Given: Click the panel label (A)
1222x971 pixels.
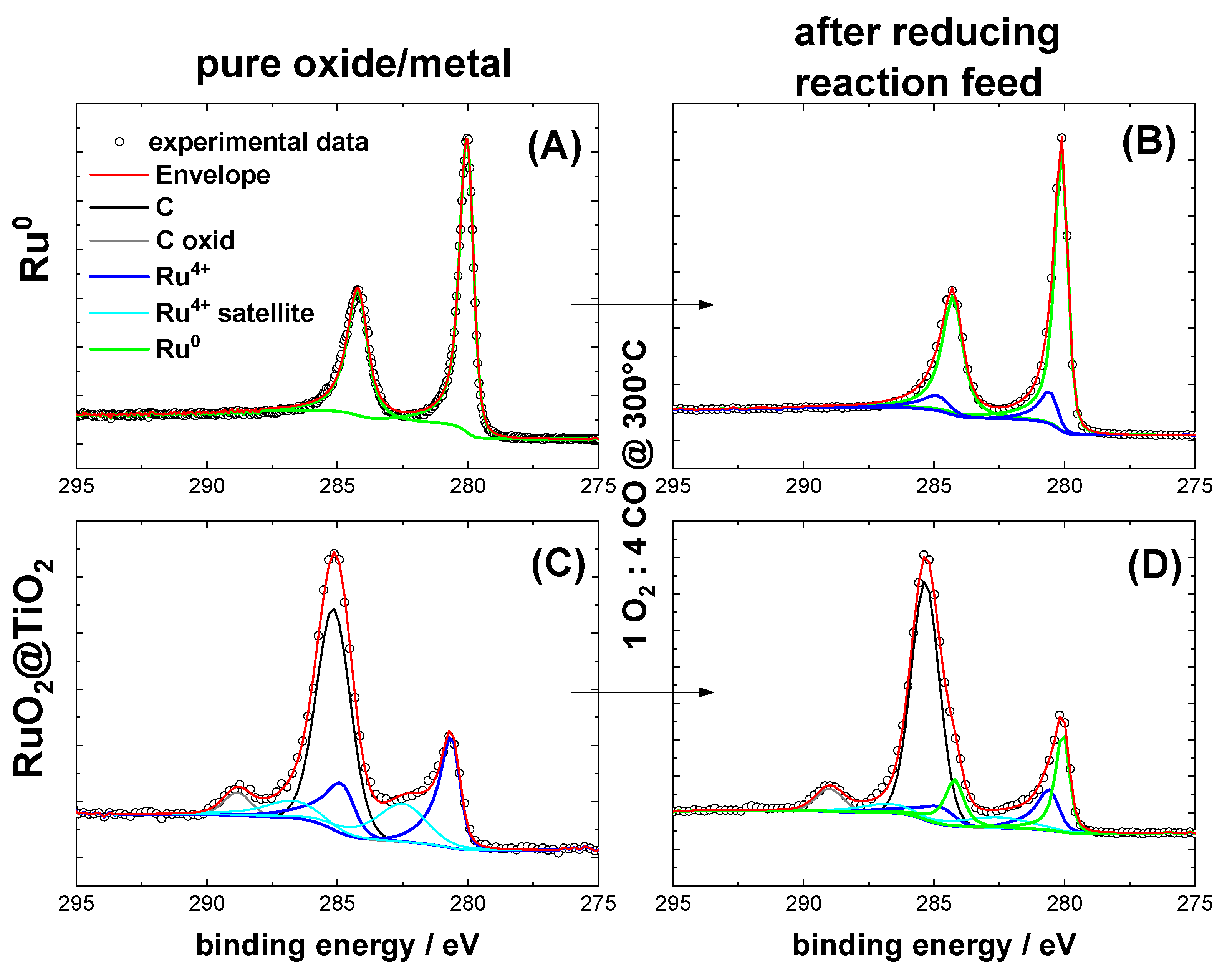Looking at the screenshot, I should [x=554, y=146].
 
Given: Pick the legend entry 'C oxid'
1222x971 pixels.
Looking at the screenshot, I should [x=195, y=240].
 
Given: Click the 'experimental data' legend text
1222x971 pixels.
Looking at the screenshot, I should [x=258, y=142].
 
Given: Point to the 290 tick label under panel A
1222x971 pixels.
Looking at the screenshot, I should [x=207, y=486].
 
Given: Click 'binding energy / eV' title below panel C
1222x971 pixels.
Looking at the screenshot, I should [x=337, y=945].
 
